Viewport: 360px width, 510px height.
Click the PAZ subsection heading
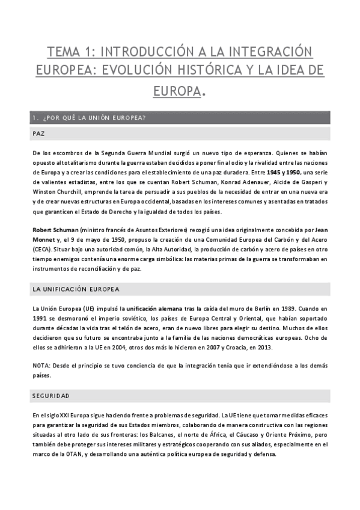(x=39, y=134)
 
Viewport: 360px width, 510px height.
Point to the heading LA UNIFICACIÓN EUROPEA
(x=76, y=289)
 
